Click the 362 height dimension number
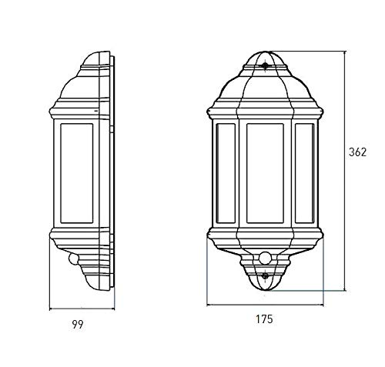(x=357, y=152)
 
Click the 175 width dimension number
(x=264, y=319)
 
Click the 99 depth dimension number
(x=78, y=325)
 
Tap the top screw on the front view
(x=266, y=65)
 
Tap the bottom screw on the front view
(x=265, y=276)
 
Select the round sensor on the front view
(x=265, y=258)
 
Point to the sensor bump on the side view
(x=73, y=259)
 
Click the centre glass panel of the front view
(x=265, y=173)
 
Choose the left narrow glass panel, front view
(x=226, y=173)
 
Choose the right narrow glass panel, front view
(x=304, y=173)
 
